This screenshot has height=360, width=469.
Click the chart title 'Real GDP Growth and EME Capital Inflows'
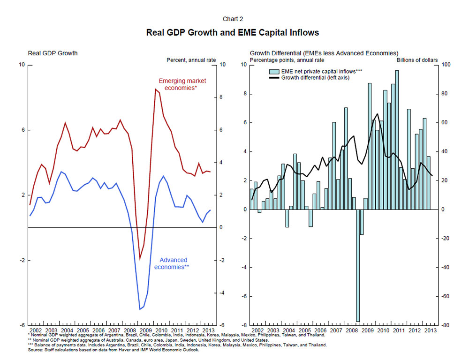coord(233,33)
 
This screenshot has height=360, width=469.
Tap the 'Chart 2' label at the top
coord(233,19)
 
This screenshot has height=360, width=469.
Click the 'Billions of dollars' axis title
coord(417,60)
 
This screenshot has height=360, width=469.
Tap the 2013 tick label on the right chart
coord(429,330)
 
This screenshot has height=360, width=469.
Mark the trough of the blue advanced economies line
coord(140,309)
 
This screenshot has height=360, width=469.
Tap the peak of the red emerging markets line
coord(155,89)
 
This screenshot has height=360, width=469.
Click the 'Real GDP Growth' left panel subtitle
coord(53,53)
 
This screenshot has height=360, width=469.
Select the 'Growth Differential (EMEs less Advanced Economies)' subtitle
coord(324,53)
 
